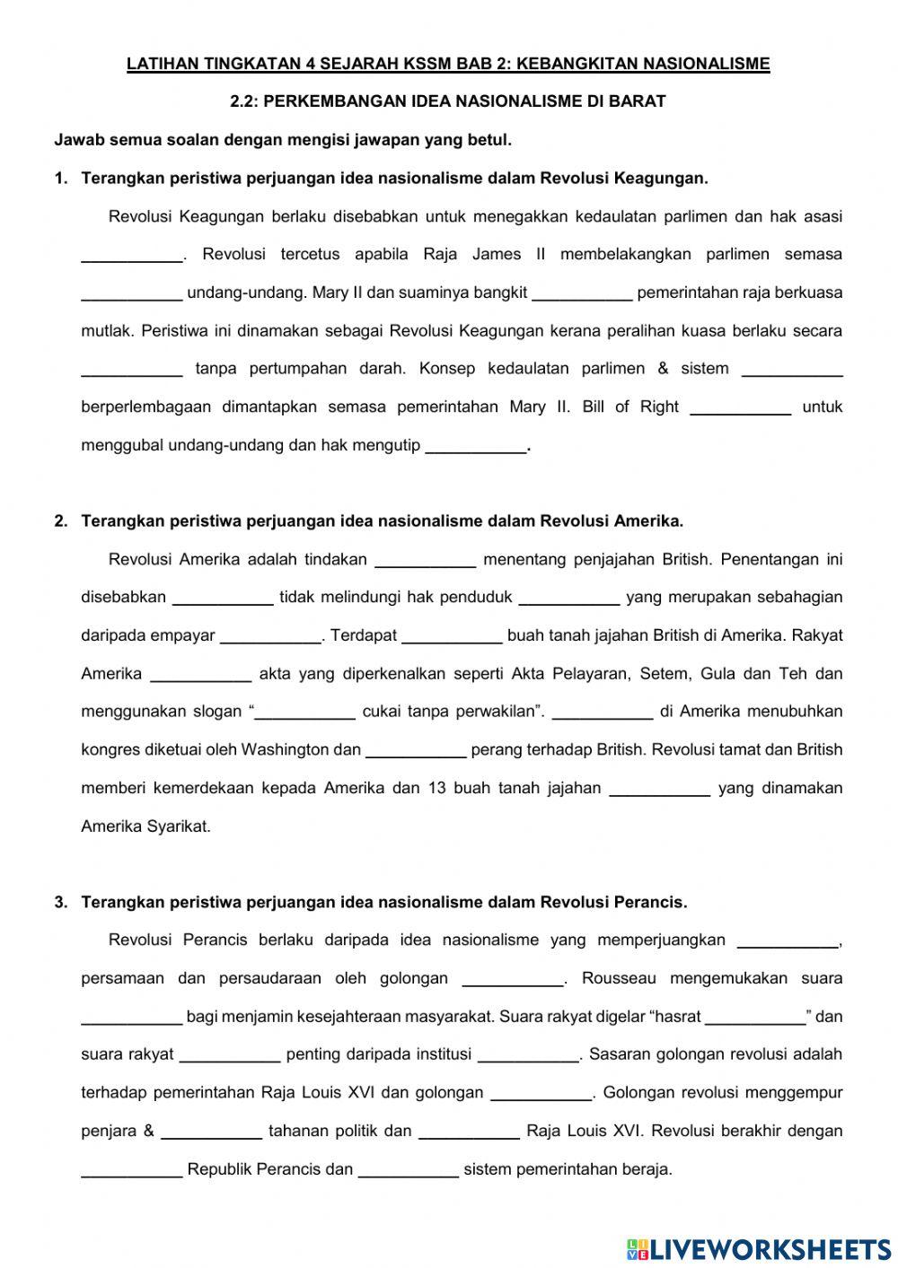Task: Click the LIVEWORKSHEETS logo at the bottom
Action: pyautogui.click(x=759, y=1248)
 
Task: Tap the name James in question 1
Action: pyautogui.click(x=497, y=254)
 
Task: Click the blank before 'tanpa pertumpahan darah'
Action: pyautogui.click(x=132, y=369)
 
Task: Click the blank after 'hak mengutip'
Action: pyautogui.click(x=475, y=446)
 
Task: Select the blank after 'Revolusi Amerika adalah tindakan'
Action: pyautogui.click(x=425, y=560)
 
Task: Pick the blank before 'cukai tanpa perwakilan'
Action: pyautogui.click(x=305, y=713)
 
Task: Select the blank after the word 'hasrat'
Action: pyautogui.click(x=755, y=1018)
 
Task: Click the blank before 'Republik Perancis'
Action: pyautogui.click(x=132, y=1170)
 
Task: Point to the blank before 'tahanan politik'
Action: pyautogui.click(x=211, y=1132)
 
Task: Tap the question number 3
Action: pyautogui.click(x=60, y=902)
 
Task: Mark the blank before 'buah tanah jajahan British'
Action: pyautogui.click(x=452, y=636)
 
